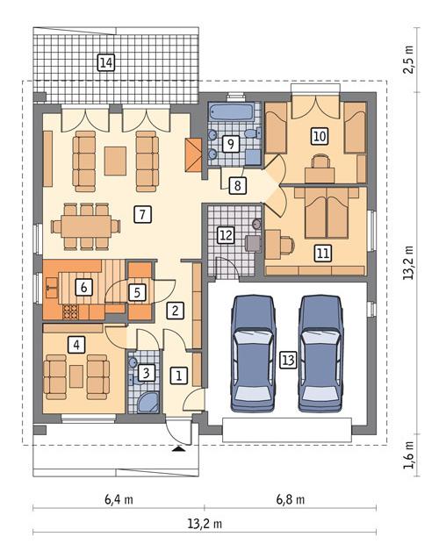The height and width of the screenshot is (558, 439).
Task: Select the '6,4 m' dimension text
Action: pos(119,501)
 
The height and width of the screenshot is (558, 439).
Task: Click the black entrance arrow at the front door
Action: pos(180,448)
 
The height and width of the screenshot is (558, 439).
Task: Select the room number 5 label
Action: pos(138,291)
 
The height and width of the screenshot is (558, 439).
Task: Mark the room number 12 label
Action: pos(226,235)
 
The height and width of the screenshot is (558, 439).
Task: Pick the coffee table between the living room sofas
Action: pos(115,161)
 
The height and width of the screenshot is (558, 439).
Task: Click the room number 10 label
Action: pos(319,136)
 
